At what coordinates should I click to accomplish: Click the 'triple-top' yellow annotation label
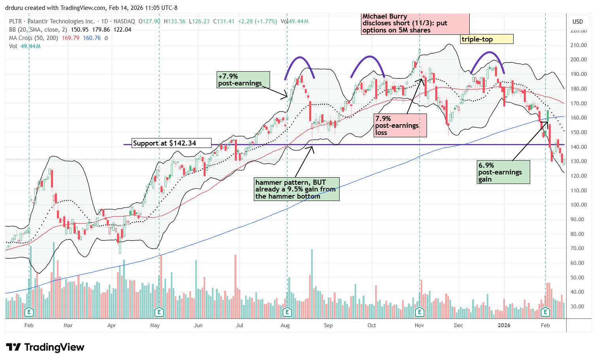click(x=487, y=39)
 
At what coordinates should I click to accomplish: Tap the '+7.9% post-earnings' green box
click(x=243, y=80)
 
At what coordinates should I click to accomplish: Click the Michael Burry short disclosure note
click(x=415, y=24)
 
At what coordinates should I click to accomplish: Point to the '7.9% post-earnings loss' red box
click(x=400, y=125)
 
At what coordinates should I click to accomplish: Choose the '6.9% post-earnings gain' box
click(x=503, y=172)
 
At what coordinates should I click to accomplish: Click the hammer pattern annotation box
click(x=297, y=189)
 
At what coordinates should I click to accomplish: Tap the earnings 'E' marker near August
click(x=287, y=312)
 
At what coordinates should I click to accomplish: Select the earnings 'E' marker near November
click(x=419, y=312)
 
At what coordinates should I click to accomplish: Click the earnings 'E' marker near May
click(x=159, y=312)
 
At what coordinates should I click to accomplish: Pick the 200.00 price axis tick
click(x=578, y=60)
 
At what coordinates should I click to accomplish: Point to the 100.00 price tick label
click(x=578, y=205)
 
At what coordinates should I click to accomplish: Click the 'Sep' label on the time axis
click(x=328, y=326)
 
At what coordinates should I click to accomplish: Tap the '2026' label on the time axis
click(x=504, y=326)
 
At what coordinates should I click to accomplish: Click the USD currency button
click(x=578, y=22)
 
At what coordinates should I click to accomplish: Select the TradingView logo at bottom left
click(x=45, y=347)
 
